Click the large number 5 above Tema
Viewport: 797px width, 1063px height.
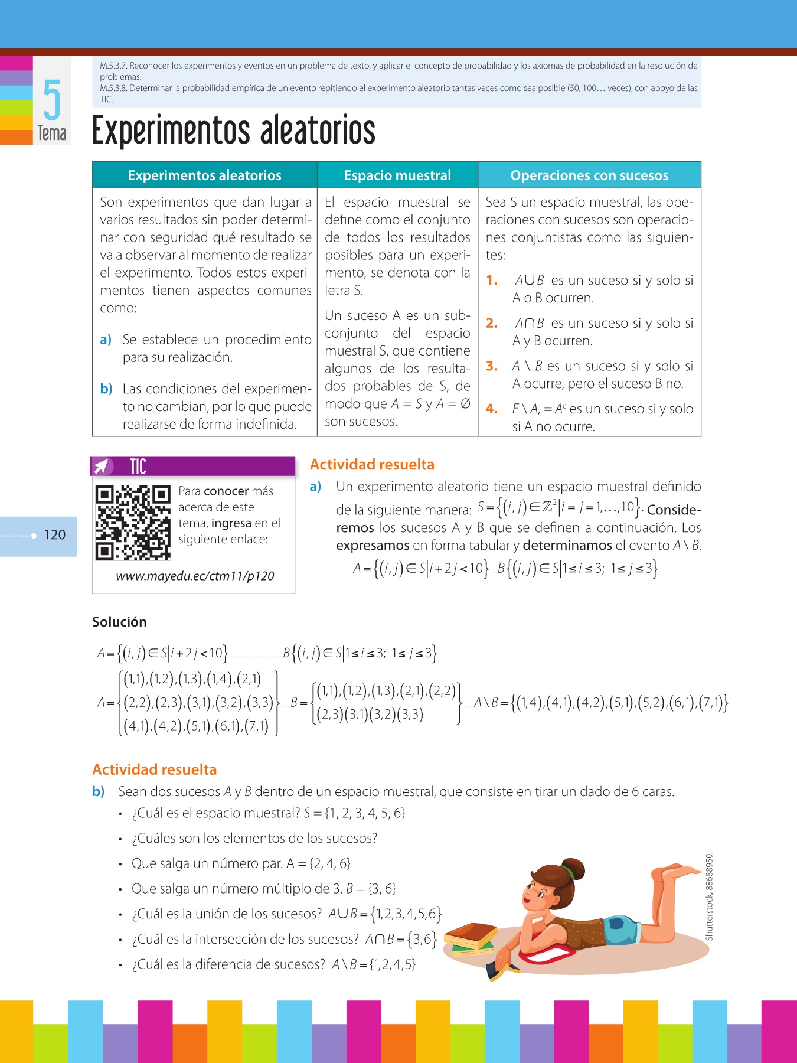52,100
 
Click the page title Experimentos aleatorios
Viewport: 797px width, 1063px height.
234,131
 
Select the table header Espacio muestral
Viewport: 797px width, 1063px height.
397,175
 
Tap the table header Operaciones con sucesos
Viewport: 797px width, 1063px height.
589,175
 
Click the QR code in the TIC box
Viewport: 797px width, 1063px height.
133,523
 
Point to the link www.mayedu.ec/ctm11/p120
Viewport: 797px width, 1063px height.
195,576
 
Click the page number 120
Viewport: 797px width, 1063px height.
54,535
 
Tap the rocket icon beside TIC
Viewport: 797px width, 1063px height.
103,467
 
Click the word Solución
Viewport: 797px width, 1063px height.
119,622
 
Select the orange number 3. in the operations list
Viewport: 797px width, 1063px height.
492,366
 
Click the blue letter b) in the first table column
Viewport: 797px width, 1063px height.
106,389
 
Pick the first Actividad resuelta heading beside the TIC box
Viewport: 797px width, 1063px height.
372,465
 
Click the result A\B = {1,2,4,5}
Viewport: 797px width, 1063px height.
374,964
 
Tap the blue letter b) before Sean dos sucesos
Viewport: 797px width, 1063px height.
98,791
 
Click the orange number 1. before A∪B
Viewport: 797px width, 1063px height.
492,281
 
